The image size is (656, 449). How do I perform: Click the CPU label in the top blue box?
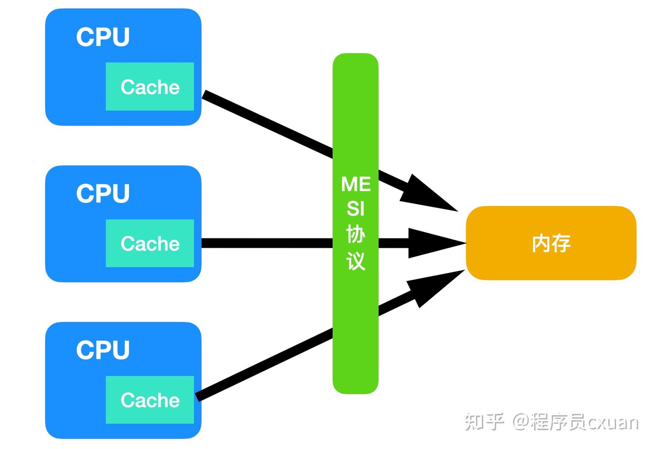click(103, 37)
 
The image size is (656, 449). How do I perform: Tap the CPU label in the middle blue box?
click(103, 193)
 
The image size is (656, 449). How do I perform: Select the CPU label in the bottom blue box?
click(103, 350)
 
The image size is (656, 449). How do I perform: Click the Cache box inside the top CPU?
click(150, 87)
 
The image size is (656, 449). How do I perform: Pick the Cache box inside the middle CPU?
click(150, 243)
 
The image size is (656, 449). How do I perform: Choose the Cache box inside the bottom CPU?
click(150, 400)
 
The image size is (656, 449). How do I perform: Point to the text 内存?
click(551, 243)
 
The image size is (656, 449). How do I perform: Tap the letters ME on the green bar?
click(356, 185)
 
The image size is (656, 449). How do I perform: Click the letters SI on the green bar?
click(356, 209)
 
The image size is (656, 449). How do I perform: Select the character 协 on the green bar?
click(356, 235)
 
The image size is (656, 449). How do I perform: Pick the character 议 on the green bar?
click(356, 261)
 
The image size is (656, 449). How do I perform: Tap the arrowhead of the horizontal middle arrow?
click(433, 243)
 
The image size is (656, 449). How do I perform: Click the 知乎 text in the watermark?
click(484, 422)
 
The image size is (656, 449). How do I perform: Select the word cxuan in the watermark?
click(613, 423)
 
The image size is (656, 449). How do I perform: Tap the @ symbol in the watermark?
click(520, 422)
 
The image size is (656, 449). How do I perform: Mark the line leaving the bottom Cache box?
click(264, 365)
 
